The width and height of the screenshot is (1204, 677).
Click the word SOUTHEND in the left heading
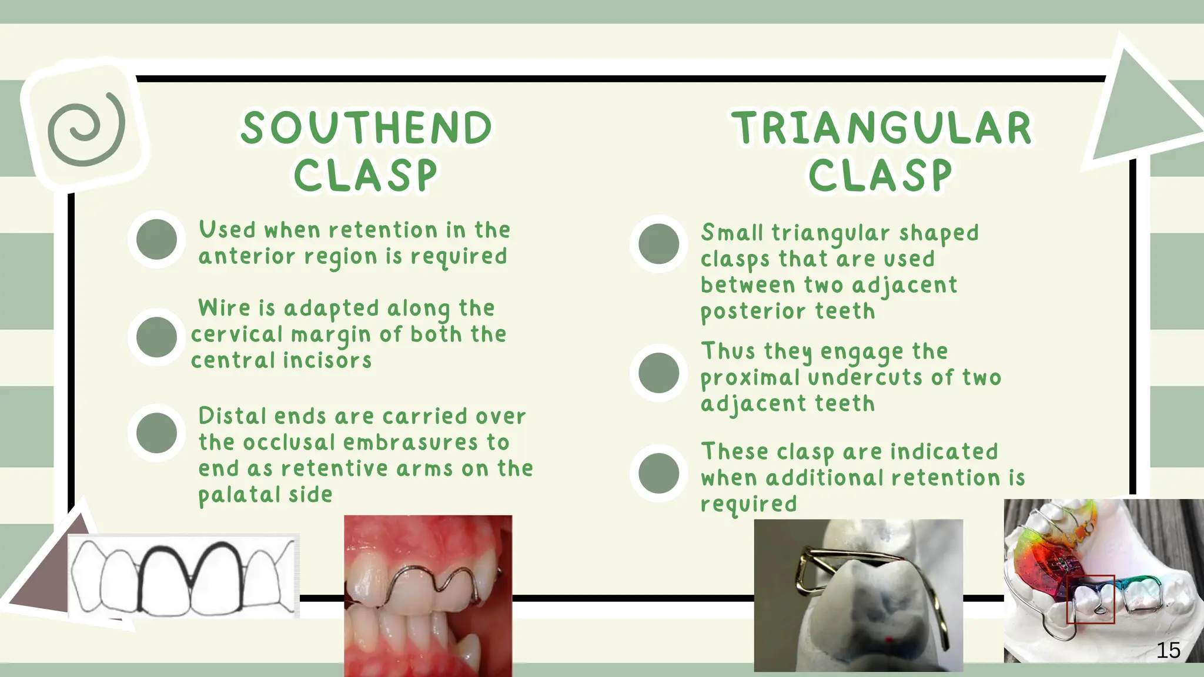point(366,128)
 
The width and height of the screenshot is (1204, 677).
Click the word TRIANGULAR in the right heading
point(881,128)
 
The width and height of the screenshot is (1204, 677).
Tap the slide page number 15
point(1168,650)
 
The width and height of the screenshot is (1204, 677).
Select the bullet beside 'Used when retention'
point(156,239)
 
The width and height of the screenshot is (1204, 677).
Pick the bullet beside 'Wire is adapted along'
point(156,337)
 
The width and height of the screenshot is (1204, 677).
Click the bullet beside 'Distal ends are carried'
point(156,433)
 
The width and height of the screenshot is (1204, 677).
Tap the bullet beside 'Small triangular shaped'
point(658,243)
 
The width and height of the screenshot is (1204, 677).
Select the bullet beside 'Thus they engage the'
point(658,373)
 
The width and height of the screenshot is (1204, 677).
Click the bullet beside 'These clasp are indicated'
point(658,473)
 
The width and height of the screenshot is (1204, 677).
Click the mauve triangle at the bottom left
point(50,579)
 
